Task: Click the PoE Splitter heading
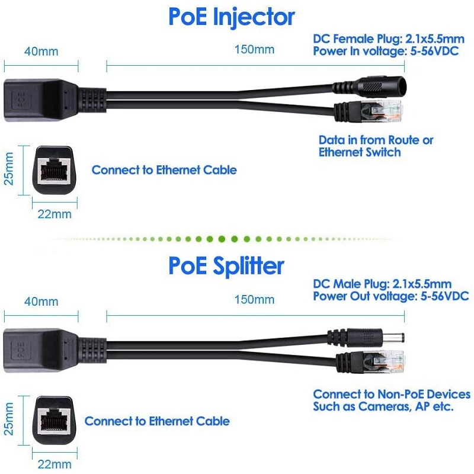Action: tap(226, 266)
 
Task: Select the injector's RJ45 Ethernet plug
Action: tap(379, 111)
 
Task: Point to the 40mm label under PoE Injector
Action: tap(41, 51)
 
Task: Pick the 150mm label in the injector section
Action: tap(254, 50)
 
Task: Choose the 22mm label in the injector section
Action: tap(54, 214)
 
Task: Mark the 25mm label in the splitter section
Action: tap(9, 417)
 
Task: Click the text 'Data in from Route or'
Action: tap(376, 140)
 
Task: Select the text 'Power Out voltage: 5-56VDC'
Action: tap(391, 296)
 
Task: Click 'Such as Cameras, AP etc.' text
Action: tap(383, 407)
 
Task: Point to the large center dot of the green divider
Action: tap(220, 239)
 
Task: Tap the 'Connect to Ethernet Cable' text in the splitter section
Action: tap(157, 421)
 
